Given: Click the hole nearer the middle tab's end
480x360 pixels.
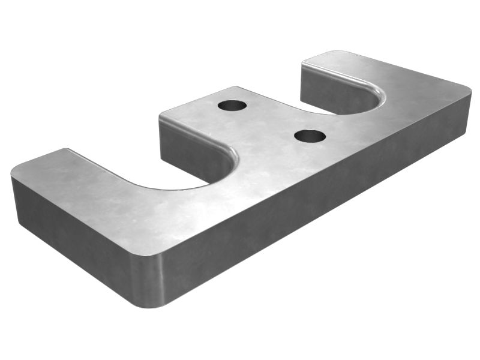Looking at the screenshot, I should point(232,106).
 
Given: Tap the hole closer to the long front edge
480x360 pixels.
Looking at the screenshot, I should point(310,136).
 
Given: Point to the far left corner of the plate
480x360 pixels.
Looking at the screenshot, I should point(13,174).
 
